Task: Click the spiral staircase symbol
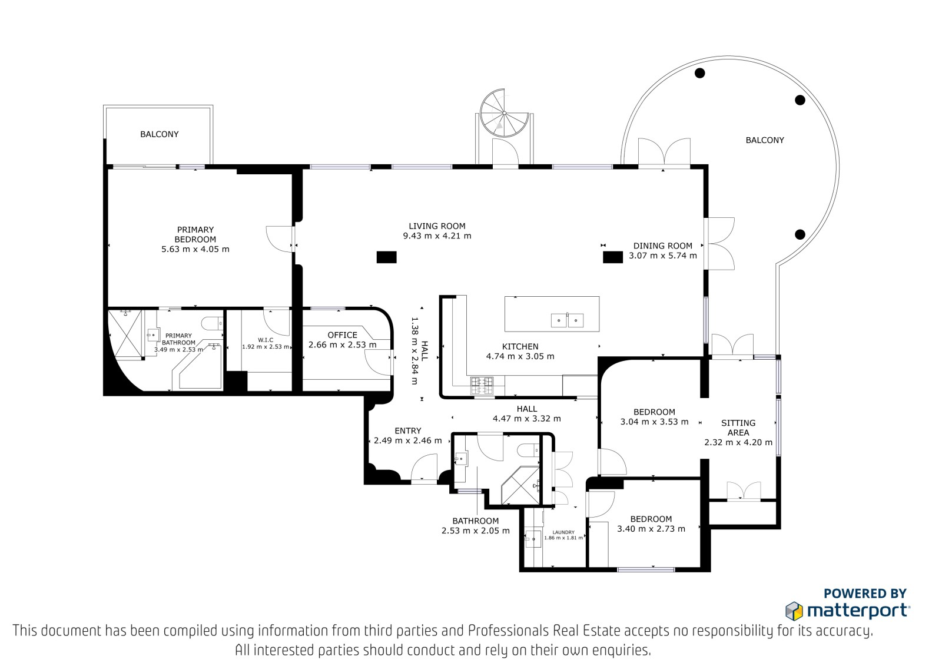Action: coord(504,113)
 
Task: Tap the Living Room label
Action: coord(437,226)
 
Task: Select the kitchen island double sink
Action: coord(568,320)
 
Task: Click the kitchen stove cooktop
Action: coord(482,386)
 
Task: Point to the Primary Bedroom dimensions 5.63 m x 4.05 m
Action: coord(195,249)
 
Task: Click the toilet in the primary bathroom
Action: coord(212,323)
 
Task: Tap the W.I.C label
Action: coord(266,340)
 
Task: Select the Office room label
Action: coord(342,335)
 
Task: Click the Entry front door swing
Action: coord(424,466)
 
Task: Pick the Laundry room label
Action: coord(563,532)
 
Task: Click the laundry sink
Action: coord(533,539)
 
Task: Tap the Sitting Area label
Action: coord(738,428)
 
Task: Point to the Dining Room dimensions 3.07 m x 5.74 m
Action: coord(663,256)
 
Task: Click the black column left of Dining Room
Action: coord(613,257)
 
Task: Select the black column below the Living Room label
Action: coord(386,257)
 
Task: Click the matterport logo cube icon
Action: coord(794,611)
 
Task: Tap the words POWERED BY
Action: coord(865,594)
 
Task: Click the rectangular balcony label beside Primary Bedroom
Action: coord(160,134)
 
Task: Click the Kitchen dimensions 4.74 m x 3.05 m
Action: coord(520,356)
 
